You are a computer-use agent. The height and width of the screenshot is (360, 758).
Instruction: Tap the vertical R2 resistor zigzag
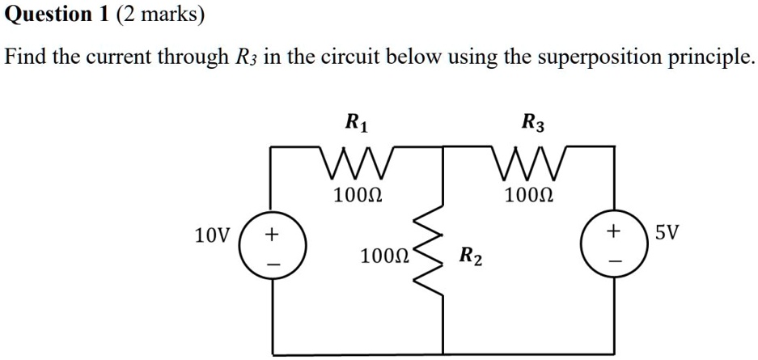tap(428, 249)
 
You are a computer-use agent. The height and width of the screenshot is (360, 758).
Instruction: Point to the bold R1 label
tap(357, 125)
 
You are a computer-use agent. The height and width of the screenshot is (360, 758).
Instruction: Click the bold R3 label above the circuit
tap(533, 125)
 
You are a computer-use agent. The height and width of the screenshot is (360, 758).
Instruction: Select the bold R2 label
tap(470, 257)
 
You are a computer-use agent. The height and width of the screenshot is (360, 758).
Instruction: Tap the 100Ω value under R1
tap(358, 195)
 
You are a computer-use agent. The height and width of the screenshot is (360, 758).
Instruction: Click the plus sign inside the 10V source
tap(272, 235)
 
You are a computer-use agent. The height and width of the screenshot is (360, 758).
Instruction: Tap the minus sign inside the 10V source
tap(273, 265)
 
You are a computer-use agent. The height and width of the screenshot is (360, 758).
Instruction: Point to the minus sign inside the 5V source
tap(614, 260)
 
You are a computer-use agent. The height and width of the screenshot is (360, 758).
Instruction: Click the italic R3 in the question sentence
tap(241, 58)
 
